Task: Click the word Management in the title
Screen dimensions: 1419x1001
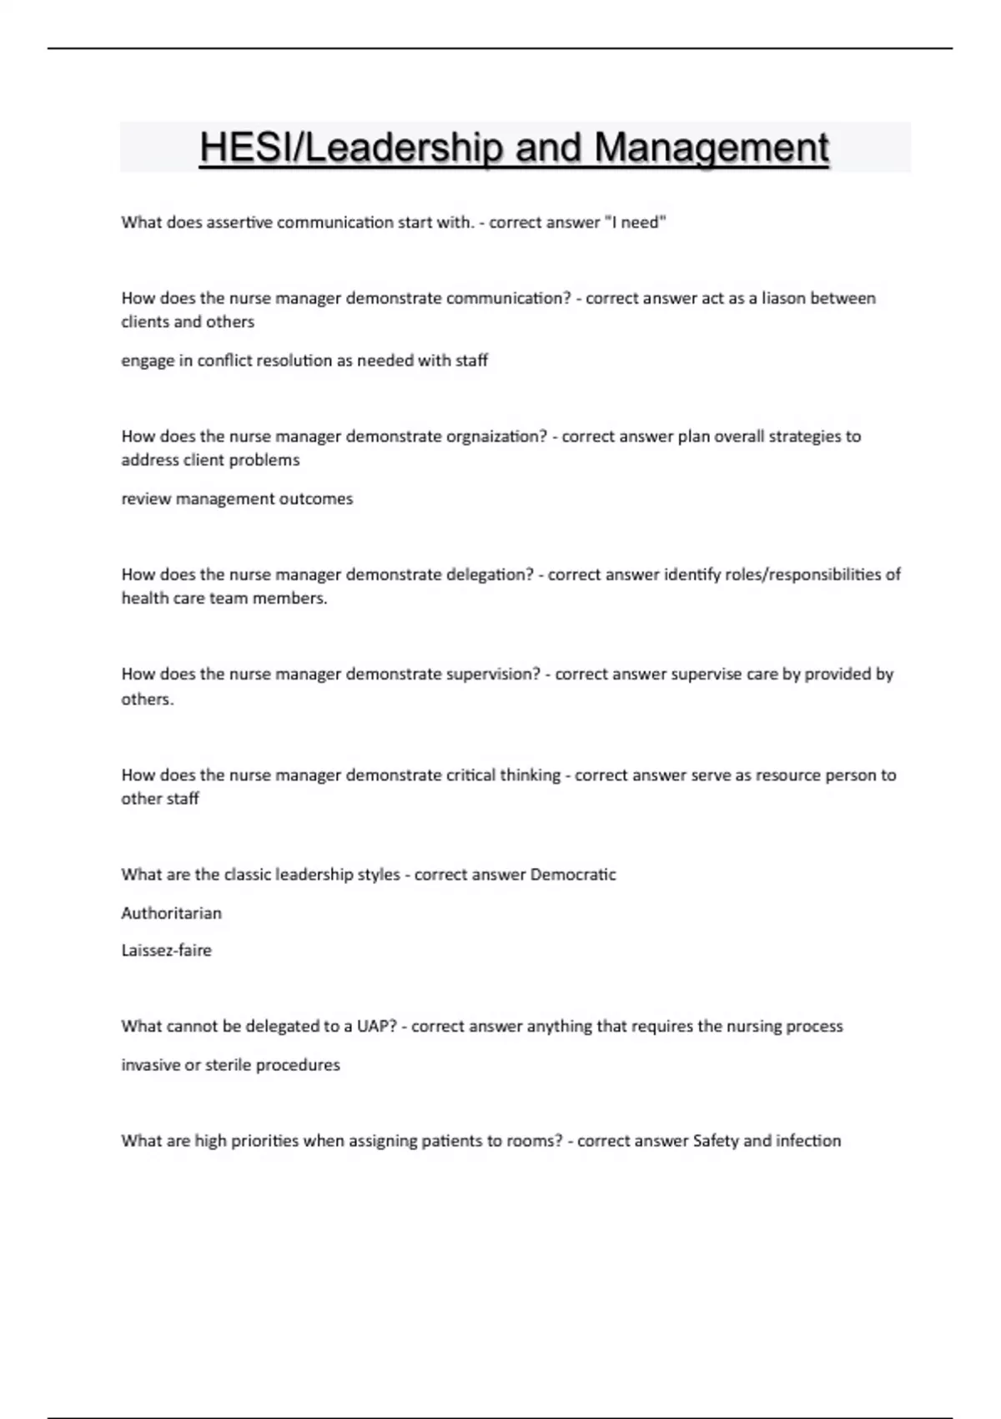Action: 712,148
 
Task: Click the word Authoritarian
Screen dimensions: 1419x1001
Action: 172,913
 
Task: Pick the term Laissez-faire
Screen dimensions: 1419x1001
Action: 167,950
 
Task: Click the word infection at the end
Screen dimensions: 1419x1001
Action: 808,1140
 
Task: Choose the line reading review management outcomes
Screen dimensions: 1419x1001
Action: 238,498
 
